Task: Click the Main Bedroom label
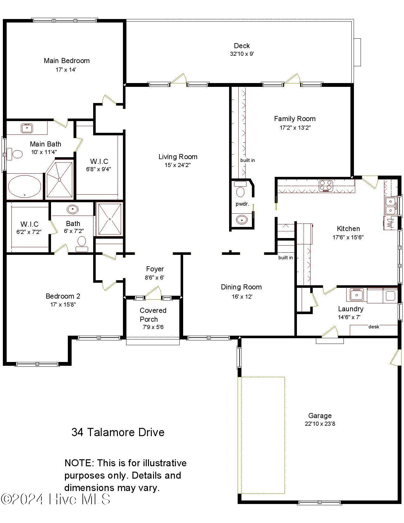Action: [x=67, y=61]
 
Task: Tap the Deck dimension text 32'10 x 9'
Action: [x=242, y=54]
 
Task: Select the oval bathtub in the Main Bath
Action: [x=24, y=187]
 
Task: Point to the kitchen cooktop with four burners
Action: [x=326, y=186]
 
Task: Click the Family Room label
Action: [x=295, y=119]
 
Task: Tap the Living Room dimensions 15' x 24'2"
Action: [x=177, y=165]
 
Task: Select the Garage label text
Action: [x=320, y=416]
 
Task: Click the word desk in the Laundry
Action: [x=374, y=327]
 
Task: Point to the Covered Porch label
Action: [x=153, y=315]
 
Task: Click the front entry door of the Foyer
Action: [x=153, y=293]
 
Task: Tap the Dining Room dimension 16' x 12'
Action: [x=242, y=297]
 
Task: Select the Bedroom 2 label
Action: [x=63, y=296]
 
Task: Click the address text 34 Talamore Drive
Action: [x=118, y=432]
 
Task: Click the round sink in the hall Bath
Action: [x=73, y=209]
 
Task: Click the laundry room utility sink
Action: [x=356, y=295]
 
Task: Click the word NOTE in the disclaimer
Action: [x=79, y=463]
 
